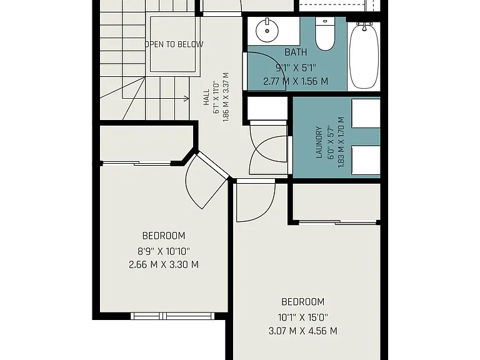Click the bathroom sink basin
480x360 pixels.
267,31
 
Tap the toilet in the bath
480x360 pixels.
325,34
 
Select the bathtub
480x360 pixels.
364,56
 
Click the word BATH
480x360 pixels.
296,52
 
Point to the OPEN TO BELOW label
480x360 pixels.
174,44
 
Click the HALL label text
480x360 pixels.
207,97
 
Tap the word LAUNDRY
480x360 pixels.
319,142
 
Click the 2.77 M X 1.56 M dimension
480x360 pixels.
296,81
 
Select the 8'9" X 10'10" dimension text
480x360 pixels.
164,252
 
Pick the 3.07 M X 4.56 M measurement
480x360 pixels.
302,331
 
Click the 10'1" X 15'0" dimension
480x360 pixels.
302,317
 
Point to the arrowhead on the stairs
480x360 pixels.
187,98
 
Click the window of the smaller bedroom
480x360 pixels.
172,316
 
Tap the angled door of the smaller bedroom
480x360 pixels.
212,165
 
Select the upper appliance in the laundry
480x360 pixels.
366,113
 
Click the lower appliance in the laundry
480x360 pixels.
366,161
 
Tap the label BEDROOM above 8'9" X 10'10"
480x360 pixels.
164,236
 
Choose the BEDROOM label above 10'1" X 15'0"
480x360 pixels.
302,302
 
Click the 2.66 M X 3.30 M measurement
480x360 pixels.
164,264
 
